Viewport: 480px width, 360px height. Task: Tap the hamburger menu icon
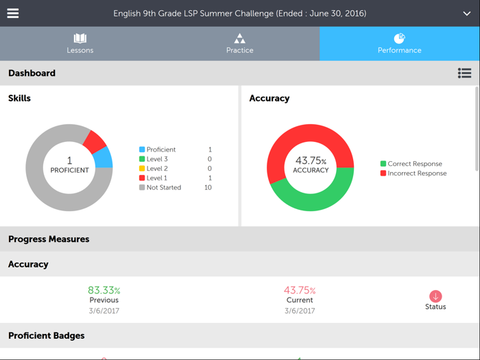[x=13, y=13]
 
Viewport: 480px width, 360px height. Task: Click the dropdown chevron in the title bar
[x=467, y=14]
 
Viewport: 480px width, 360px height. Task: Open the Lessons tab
[x=80, y=43]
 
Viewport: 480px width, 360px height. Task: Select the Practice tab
[x=239, y=43]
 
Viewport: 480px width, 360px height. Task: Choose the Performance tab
[x=399, y=43]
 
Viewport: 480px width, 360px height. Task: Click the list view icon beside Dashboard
[x=464, y=73]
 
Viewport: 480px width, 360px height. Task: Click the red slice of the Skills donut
[x=95, y=140]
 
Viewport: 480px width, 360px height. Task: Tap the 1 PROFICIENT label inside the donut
[x=69, y=165]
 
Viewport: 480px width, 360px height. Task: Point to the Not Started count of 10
[x=208, y=187]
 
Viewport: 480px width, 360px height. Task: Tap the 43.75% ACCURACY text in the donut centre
[x=311, y=165]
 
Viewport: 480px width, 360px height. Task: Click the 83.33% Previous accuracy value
[x=104, y=291]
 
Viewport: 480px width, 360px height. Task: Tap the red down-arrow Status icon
[x=435, y=296]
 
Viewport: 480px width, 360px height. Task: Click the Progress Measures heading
[x=49, y=239]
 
